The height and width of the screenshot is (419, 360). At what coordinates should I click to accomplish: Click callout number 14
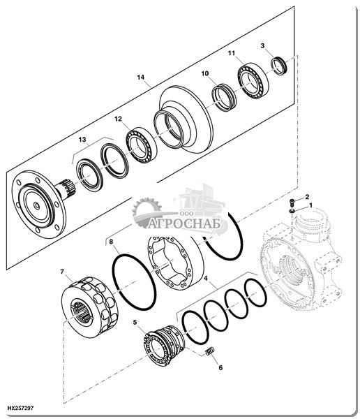point(141,78)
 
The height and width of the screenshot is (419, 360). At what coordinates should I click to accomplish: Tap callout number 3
point(262,45)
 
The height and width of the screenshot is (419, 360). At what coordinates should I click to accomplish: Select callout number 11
point(232,53)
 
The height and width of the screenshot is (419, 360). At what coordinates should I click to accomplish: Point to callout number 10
point(205,73)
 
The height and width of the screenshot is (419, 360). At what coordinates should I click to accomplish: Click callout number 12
point(118,119)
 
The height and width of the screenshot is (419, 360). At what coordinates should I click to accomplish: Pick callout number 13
point(82,139)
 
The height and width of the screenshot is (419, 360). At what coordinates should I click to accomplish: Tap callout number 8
point(111,242)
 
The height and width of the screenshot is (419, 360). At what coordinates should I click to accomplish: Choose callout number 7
point(62,272)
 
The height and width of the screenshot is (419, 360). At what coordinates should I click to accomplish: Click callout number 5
point(135,323)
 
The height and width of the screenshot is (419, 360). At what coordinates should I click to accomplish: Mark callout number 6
point(220,368)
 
